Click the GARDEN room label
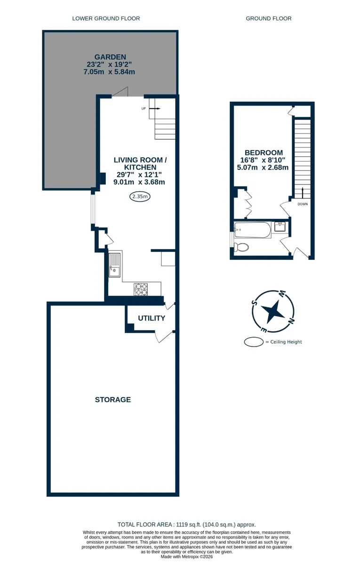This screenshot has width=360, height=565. pyautogui.click(x=110, y=57)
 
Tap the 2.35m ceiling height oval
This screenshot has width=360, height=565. pyautogui.click(x=140, y=196)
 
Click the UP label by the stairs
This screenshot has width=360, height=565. pyautogui.click(x=144, y=109)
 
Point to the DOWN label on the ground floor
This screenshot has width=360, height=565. pyautogui.click(x=303, y=204)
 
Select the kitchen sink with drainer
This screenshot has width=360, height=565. pyautogui.click(x=115, y=265)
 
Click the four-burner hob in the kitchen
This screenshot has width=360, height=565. pyautogui.click(x=141, y=289)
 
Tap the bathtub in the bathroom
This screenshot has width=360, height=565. pyautogui.click(x=253, y=230)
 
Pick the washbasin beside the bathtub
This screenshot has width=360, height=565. pyautogui.click(x=280, y=226)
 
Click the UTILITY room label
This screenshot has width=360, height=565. pyautogui.click(x=152, y=318)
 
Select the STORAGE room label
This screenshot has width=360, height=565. pyautogui.click(x=113, y=400)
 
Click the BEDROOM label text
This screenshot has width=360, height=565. pyautogui.click(x=264, y=153)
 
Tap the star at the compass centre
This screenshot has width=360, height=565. pyautogui.click(x=273, y=311)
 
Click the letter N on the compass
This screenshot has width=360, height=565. pyautogui.click(x=291, y=321)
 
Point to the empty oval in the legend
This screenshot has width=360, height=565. pyautogui.click(x=254, y=342)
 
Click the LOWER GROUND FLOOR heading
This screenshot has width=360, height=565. pyautogui.click(x=106, y=18)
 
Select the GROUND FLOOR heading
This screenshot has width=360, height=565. pyautogui.click(x=269, y=18)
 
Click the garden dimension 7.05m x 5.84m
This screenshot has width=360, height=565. pyautogui.click(x=109, y=72)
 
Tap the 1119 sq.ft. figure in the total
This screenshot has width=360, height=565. pyautogui.click(x=188, y=525)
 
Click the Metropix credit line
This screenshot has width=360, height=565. pyautogui.click(x=187, y=557)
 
